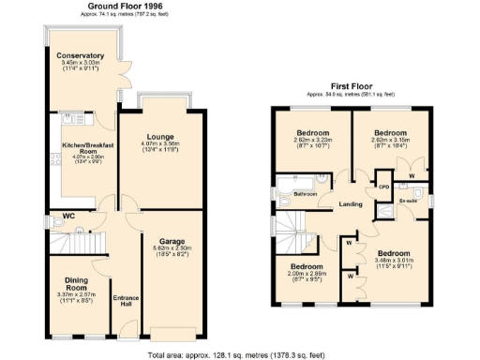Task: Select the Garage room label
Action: pos(170,240)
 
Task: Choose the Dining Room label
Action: pos(76,285)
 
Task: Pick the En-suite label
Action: pos(408,200)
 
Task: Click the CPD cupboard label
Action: pos(382,186)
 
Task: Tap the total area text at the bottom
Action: pos(241,352)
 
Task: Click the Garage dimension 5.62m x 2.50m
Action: pos(170,248)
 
